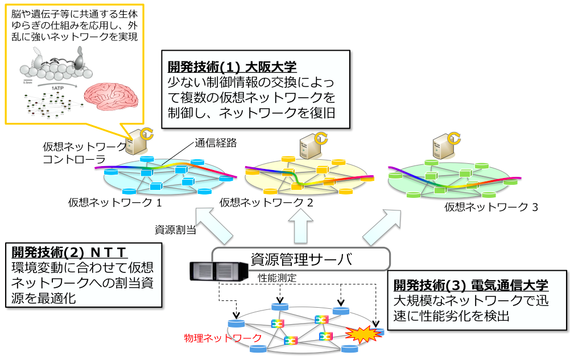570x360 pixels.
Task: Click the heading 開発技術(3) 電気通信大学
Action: [x=470, y=284]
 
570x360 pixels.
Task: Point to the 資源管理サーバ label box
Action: [x=301, y=260]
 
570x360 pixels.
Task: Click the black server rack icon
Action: [x=218, y=271]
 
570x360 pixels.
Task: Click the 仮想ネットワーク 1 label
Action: [x=115, y=201]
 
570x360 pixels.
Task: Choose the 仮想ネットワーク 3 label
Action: [x=491, y=207]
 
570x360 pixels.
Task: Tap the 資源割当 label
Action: [x=176, y=230]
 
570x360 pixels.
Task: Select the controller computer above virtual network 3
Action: [x=444, y=147]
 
